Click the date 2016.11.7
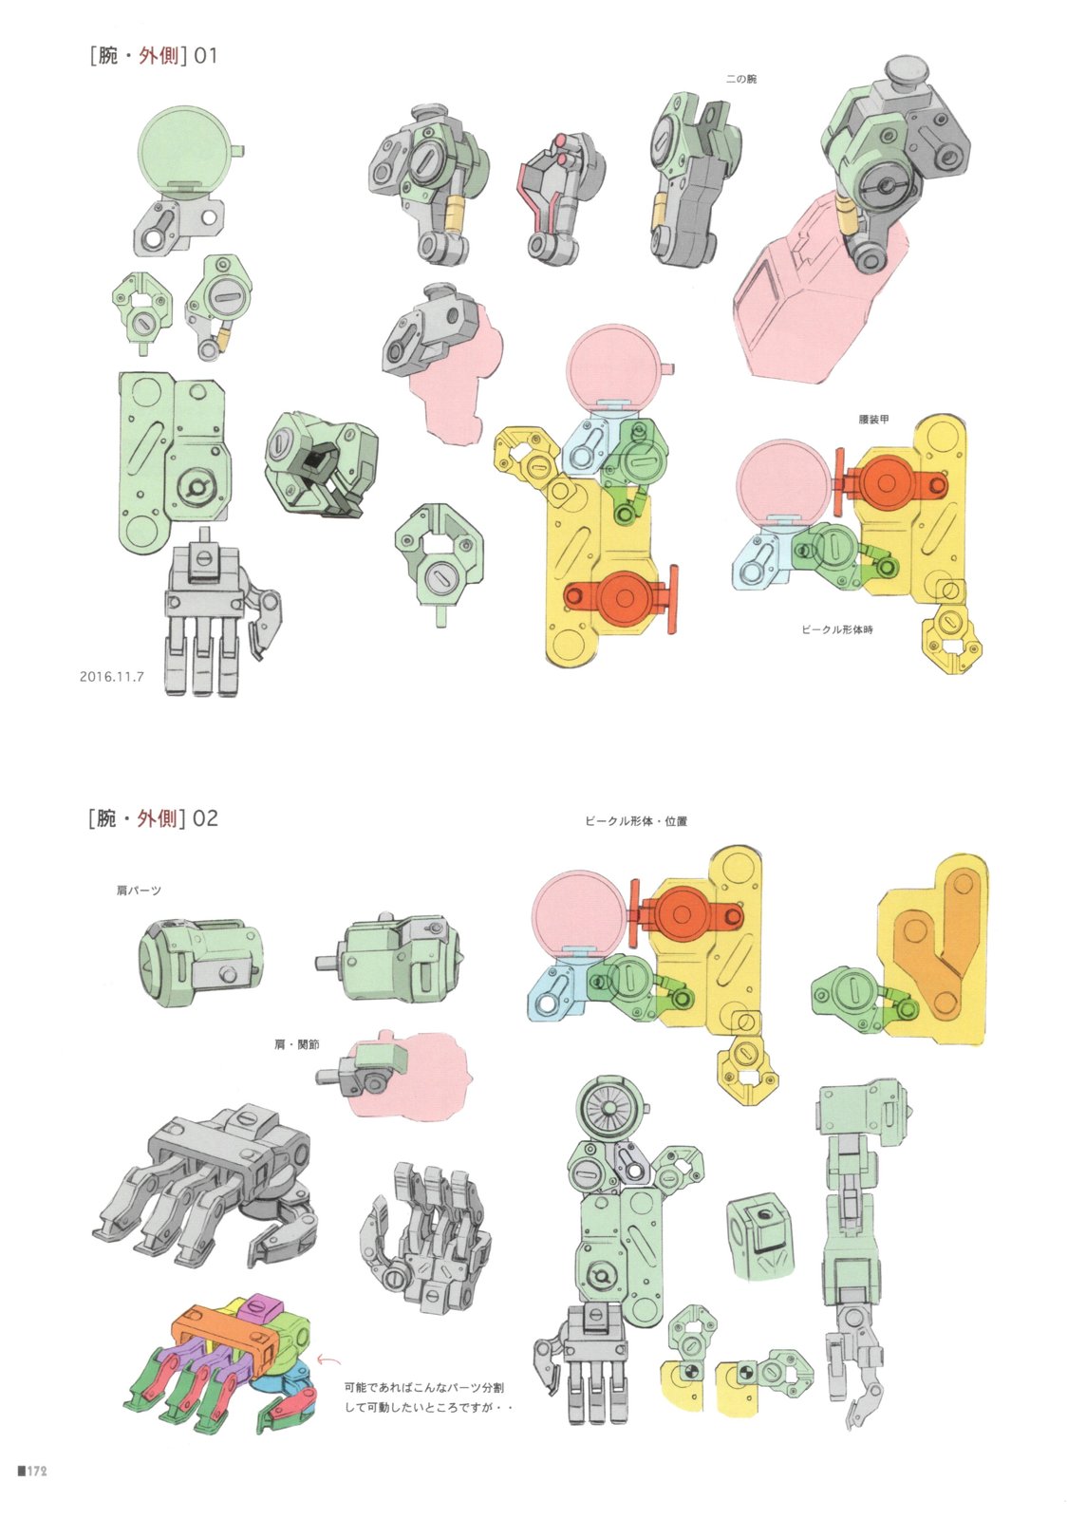point(112,676)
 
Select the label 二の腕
point(741,80)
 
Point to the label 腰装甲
point(873,420)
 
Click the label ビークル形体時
point(836,629)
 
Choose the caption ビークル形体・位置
point(636,821)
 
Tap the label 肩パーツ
point(139,891)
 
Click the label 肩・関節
point(297,1045)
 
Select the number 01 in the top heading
point(206,56)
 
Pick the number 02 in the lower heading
point(205,818)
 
